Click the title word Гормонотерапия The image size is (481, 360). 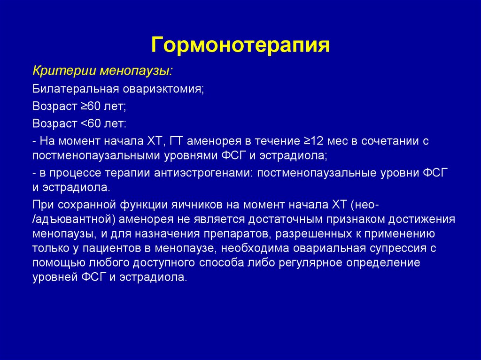coord(240,46)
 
